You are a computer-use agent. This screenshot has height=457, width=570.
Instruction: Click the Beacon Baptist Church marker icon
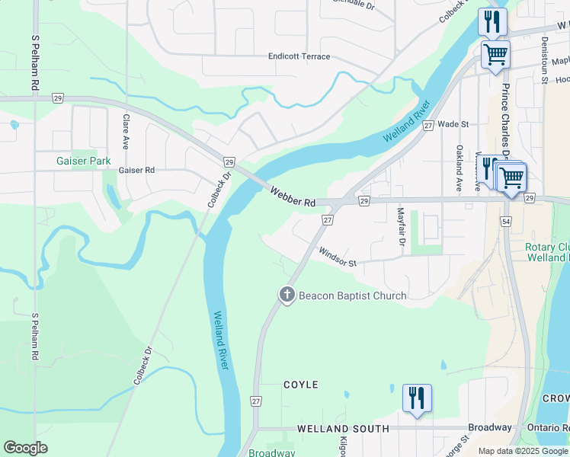point(287,296)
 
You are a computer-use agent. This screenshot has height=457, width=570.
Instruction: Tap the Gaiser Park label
point(83,161)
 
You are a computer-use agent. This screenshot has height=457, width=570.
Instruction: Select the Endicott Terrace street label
point(299,56)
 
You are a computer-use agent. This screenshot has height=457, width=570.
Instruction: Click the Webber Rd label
point(293,197)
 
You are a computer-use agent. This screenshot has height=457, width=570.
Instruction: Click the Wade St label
point(453,123)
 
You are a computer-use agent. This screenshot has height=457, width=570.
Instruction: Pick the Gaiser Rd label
point(136,171)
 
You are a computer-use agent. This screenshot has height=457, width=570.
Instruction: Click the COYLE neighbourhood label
point(300,385)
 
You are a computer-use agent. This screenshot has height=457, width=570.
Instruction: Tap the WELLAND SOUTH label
point(343,429)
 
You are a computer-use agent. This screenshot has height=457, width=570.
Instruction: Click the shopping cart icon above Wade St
point(495,54)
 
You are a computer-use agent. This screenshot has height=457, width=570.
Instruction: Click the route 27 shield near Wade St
point(428,125)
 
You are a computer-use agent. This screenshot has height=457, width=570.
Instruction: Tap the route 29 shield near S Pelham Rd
point(57,98)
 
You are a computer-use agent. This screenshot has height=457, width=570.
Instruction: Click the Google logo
point(25,448)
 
